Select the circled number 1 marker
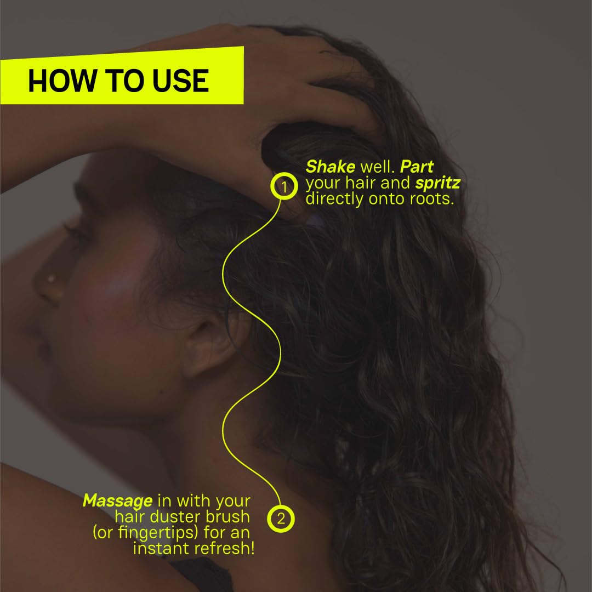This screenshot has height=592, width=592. coord(283,187)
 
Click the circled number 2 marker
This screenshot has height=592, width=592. coord(281,519)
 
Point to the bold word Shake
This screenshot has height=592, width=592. coord(330,167)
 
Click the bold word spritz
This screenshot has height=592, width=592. coord(437,183)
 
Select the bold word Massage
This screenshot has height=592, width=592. coord(117,501)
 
